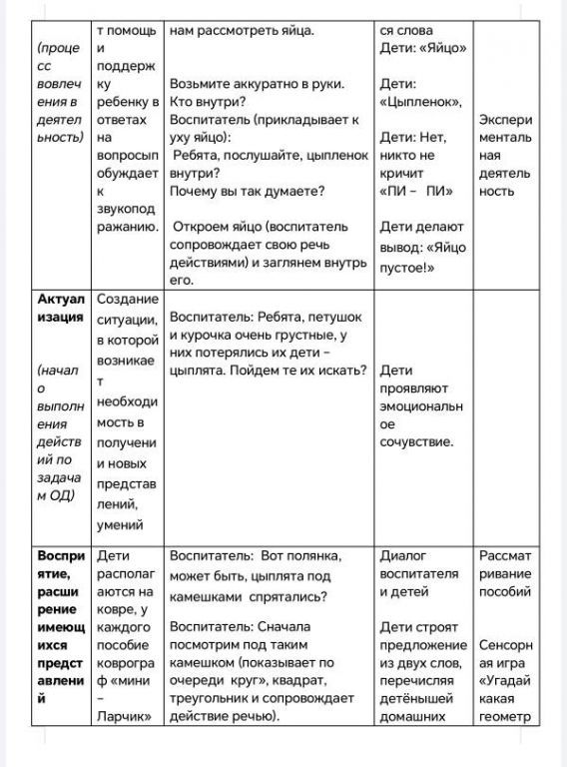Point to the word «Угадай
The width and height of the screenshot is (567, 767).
point(504,679)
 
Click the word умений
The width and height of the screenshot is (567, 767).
point(121,523)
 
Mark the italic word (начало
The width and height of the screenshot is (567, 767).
point(57,371)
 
